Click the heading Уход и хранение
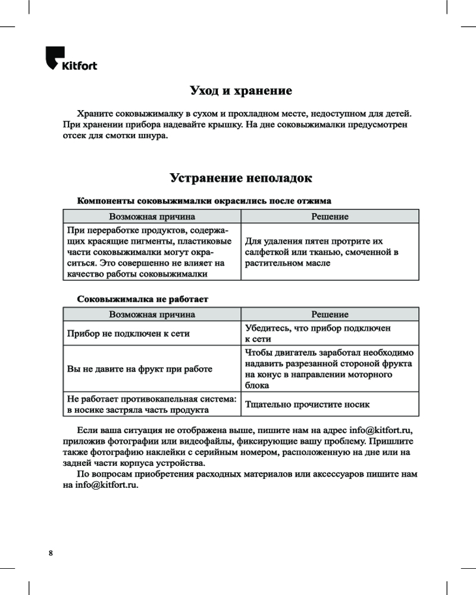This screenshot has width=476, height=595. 240,91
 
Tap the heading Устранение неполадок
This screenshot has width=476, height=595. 240,178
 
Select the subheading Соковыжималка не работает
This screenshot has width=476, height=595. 143,297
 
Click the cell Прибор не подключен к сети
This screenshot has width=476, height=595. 128,334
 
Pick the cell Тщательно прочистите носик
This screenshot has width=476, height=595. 308,405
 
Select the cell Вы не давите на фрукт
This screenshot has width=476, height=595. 139,369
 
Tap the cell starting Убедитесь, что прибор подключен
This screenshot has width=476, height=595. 318,333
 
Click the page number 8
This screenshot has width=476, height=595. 51,553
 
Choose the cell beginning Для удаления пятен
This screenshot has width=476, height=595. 322,252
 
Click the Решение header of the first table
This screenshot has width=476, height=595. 330,217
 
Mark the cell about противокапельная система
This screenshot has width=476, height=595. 152,405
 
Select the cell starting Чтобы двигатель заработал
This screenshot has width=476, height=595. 330,369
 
